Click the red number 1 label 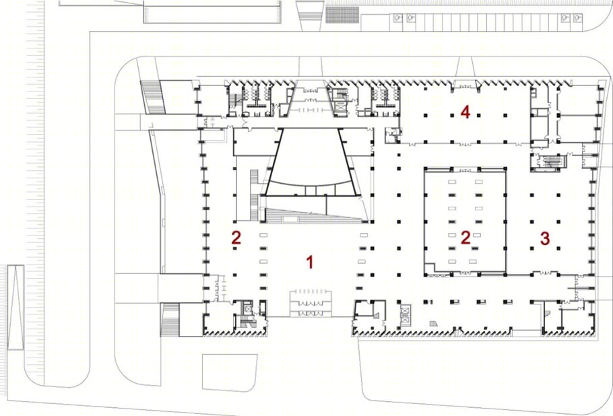[310, 262]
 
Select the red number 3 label [545, 238]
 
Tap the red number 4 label [465, 112]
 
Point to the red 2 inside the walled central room [465, 238]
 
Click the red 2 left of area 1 [236, 238]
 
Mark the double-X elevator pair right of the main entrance [405, 316]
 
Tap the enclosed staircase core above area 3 [549, 162]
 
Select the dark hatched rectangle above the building [342, 15]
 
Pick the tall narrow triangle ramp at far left [15, 307]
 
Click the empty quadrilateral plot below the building [230, 372]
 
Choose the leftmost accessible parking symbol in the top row [398, 18]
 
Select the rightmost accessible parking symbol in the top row [577, 18]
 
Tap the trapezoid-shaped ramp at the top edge [311, 15]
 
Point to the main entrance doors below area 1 [311, 303]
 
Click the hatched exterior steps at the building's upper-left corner [152, 97]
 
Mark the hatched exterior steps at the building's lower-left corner [170, 320]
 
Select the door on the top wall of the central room [465, 171]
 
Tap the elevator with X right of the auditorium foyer [340, 106]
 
